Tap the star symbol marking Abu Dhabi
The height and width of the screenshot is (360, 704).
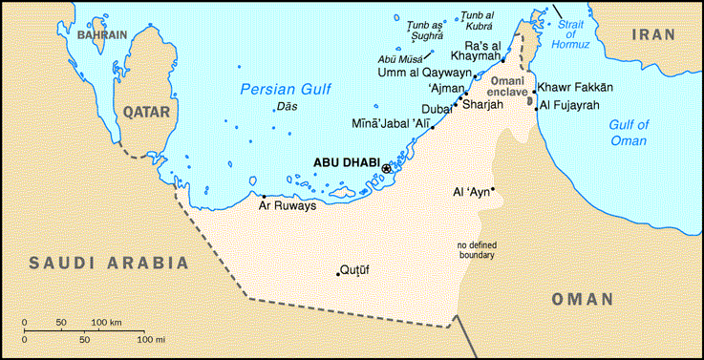[387, 168]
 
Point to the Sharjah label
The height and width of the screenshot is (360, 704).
[481, 105]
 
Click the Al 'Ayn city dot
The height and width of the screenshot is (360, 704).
[493, 188]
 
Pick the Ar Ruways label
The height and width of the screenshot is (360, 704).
[287, 205]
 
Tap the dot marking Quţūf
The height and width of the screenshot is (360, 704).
[338, 274]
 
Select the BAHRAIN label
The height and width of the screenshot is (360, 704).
[102, 35]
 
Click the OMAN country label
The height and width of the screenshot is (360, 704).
[582, 299]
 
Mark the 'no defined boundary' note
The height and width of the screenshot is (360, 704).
[475, 249]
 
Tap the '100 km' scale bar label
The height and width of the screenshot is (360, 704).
[106, 323]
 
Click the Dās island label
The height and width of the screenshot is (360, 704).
[286, 106]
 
